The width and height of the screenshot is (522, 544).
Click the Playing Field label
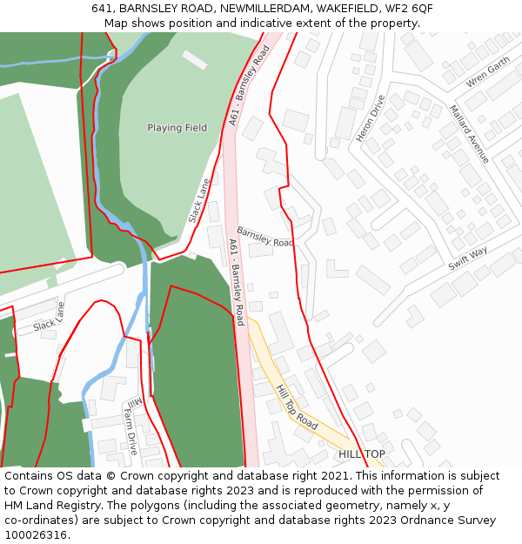coord(177,128)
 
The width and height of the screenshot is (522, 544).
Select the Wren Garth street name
coord(487,72)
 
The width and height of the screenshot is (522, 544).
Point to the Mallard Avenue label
coord(470,133)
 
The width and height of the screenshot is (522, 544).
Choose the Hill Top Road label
coord(296,406)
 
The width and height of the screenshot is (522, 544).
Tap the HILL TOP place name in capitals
coord(361,454)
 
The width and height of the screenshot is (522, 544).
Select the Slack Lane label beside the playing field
coord(199,200)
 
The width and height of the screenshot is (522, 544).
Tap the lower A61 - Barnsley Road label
coord(236,282)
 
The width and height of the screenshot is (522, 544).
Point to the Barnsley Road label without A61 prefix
coord(265,237)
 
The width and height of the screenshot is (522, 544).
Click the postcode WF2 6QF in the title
coord(409,9)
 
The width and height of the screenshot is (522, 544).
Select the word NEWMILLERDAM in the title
coord(264,9)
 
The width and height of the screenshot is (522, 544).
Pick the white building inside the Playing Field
coord(195,59)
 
